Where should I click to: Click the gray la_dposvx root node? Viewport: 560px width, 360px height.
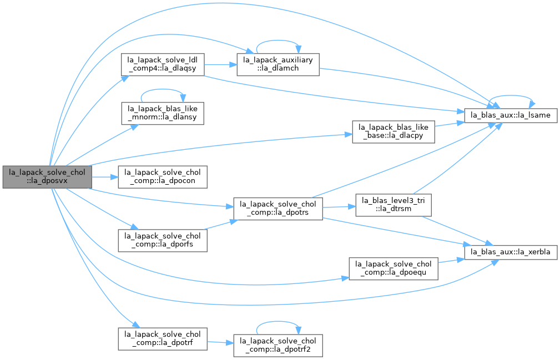[47, 177]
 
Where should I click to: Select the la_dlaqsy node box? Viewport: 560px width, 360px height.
[163, 64]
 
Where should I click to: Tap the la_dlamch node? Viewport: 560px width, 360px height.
[278, 64]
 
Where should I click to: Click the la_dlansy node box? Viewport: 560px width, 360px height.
[163, 114]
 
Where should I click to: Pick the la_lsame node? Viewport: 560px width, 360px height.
[511, 115]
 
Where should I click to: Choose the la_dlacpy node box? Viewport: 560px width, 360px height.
[393, 132]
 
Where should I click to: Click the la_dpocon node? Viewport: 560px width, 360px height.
[163, 177]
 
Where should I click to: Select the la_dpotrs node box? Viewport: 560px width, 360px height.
[278, 209]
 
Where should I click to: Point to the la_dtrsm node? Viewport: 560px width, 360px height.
[393, 205]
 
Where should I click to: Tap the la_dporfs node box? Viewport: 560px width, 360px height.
[163, 241]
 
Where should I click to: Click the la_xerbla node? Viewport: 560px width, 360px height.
[511, 252]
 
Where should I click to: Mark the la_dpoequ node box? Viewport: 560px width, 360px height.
[393, 268]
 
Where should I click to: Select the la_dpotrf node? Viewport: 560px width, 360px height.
[163, 339]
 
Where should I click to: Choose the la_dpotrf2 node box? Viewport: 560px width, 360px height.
[278, 346]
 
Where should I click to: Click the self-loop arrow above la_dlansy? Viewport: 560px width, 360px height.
[163, 89]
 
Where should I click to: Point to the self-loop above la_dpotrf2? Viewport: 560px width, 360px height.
[278, 322]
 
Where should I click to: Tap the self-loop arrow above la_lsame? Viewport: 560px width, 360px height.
[511, 95]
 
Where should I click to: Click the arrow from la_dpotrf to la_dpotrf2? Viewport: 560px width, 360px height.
[220, 342]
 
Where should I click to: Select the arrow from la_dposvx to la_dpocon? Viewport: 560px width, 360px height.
[105, 177]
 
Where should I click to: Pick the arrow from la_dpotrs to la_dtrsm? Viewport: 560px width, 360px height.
[339, 207]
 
